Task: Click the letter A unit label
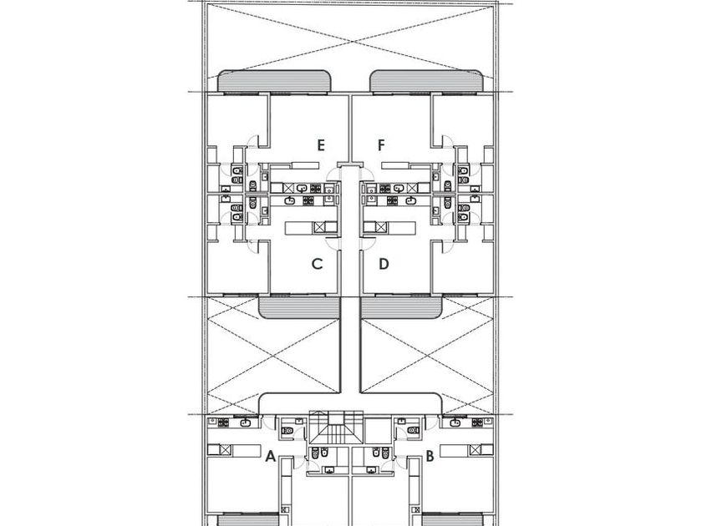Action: pos(270,456)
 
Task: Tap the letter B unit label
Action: pos(430,456)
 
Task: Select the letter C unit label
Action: pos(317,264)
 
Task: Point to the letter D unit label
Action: pos(384,264)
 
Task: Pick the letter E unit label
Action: pos(321,145)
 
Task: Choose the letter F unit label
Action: pos(381,145)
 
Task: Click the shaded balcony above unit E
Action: pos(275,82)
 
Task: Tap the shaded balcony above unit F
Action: pos(427,82)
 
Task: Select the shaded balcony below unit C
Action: pos(299,308)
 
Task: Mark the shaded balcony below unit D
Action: pos(402,308)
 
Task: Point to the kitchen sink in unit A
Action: pos(246,422)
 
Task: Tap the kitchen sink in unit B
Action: pos(455,422)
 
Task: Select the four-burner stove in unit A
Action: pos(223,422)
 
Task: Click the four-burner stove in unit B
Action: pos(477,422)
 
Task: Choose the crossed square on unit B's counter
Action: pos(475,450)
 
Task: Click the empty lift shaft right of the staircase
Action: pos(379,431)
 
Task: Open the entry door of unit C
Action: pos(333,243)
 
